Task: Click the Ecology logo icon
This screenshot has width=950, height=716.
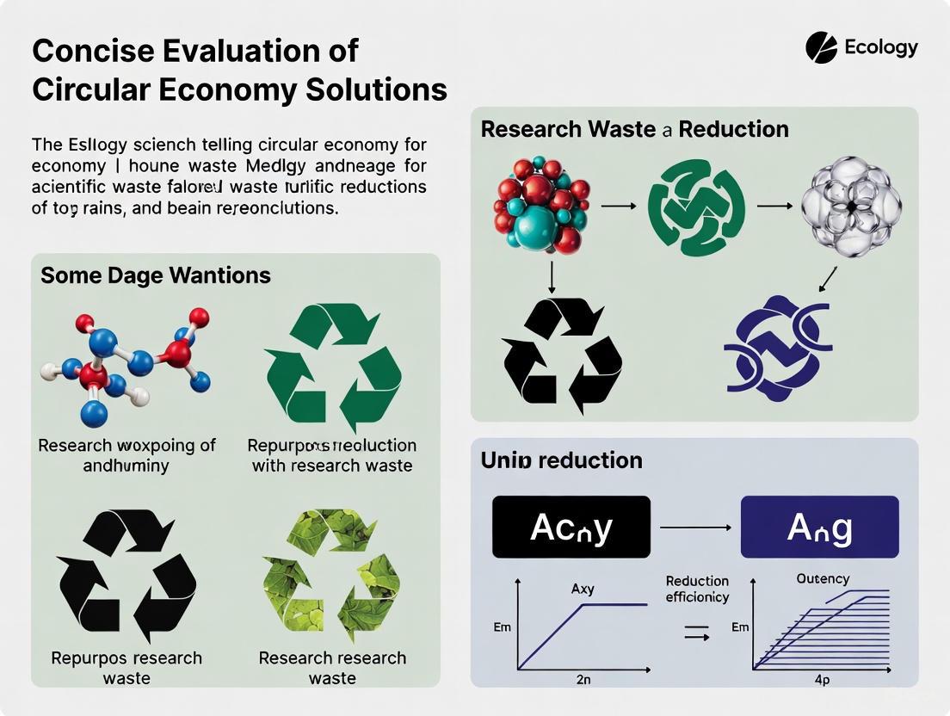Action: tap(821, 47)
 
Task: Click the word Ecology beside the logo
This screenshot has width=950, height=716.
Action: tap(881, 47)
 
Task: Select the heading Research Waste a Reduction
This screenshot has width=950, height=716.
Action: tap(634, 130)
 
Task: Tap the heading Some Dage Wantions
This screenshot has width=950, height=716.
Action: tap(156, 275)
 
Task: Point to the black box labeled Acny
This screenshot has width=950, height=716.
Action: tap(571, 527)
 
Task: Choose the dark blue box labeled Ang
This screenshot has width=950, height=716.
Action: tap(819, 527)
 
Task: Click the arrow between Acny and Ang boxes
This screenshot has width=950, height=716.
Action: tap(694, 527)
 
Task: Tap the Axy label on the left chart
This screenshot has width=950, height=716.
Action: tap(583, 589)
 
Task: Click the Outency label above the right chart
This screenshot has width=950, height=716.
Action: tap(823, 579)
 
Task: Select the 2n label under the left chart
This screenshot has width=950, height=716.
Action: tap(583, 680)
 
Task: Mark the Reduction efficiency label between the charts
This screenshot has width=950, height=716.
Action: tap(697, 589)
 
